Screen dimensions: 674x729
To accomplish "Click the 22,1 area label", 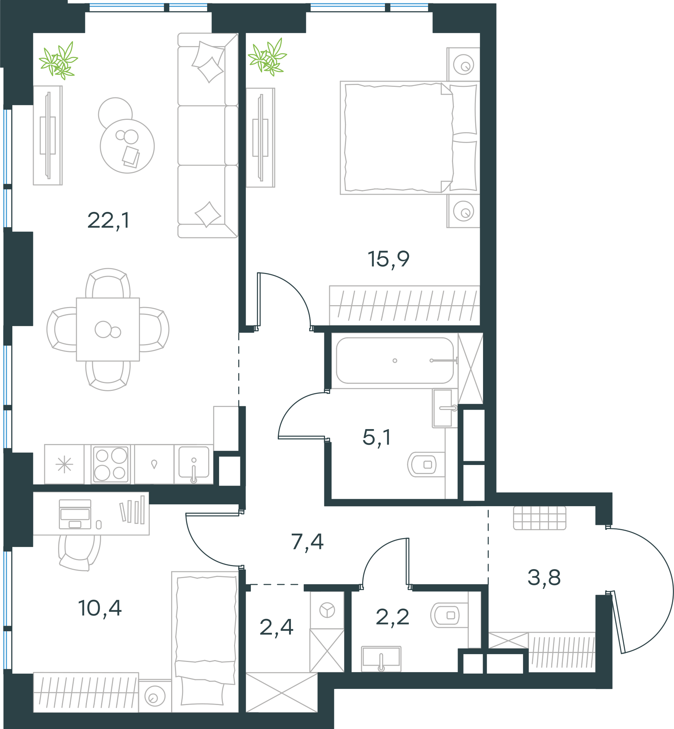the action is coord(108,221).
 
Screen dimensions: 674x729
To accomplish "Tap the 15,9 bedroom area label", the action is coord(388,259).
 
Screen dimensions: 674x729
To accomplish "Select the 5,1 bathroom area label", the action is coord(377,437).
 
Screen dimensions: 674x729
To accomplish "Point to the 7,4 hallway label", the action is coord(307,542).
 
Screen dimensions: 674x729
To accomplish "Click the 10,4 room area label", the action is coord(100,608).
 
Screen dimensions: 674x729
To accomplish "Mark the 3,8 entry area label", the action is coord(544,577).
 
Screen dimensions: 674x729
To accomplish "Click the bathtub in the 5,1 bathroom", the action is coord(395,361).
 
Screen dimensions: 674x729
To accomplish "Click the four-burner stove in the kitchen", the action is coord(111,464).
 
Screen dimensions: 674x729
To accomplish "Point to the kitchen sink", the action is coord(194,463).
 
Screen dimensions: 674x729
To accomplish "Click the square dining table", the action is coord(108,329).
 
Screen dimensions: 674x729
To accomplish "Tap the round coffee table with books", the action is coord(127,146).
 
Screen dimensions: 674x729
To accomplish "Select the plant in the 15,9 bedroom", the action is coord(267,57).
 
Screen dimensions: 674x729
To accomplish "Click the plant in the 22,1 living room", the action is coord(58,61).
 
